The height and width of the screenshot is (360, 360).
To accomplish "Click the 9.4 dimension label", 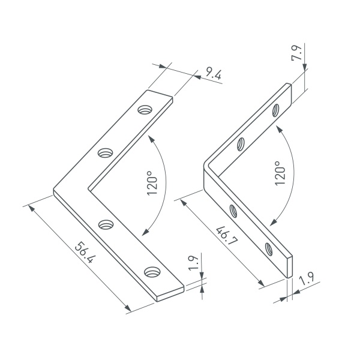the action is click(213, 73).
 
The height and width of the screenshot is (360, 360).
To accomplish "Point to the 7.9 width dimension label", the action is click(296, 53).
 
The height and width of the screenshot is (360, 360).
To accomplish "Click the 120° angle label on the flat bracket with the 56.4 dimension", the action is click(152, 183).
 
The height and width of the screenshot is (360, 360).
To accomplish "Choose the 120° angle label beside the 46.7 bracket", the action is click(280, 173).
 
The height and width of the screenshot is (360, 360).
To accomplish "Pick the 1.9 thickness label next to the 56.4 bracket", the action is click(193, 263).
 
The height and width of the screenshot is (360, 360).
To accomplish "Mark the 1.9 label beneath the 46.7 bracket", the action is click(307, 278).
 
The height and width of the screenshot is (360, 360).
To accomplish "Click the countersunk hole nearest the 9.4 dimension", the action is click(145, 110).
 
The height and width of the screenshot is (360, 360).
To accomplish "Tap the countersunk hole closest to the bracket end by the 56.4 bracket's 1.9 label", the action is click(152, 272).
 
